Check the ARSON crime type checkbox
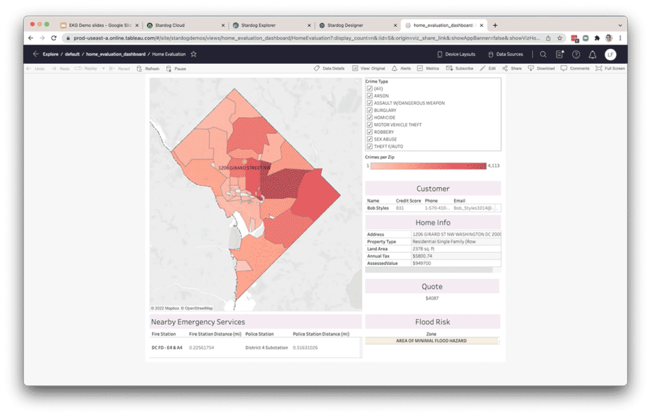tap(369, 95)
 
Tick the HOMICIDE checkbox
tap(369, 117)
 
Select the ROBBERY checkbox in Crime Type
tap(369, 132)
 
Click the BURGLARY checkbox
tap(369, 110)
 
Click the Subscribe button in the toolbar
tap(460, 68)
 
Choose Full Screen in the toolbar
tap(610, 68)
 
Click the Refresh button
tap(148, 68)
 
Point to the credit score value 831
tap(401, 208)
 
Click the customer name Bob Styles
tap(378, 208)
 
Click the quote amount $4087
tap(432, 298)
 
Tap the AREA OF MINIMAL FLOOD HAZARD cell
tap(432, 341)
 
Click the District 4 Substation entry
tap(266, 348)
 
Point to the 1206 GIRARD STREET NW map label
tap(245, 167)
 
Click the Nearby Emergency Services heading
tap(198, 322)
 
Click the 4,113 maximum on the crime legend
tap(494, 166)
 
